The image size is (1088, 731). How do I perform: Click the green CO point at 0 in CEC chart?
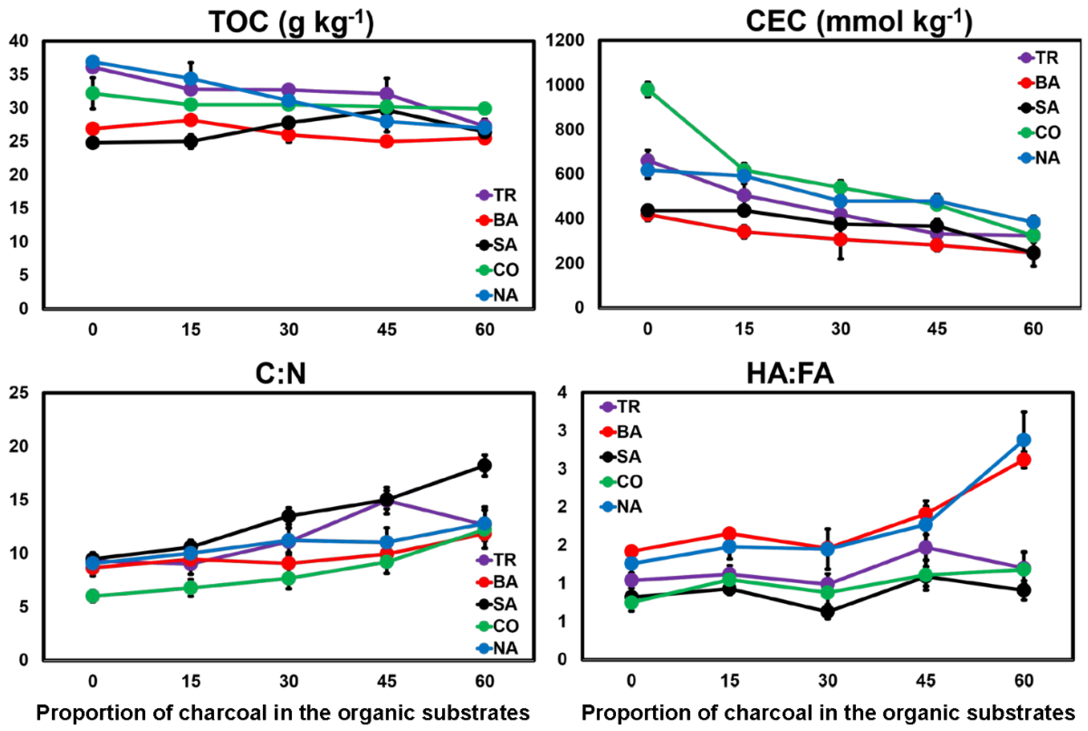[647, 89]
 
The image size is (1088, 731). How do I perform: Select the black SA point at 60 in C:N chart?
[485, 465]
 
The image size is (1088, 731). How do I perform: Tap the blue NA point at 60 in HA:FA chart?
[1024, 439]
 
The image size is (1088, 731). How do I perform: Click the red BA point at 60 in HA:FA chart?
[1024, 460]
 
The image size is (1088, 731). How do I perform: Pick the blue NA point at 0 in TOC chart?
[93, 62]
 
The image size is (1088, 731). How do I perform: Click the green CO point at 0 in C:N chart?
[93, 595]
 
